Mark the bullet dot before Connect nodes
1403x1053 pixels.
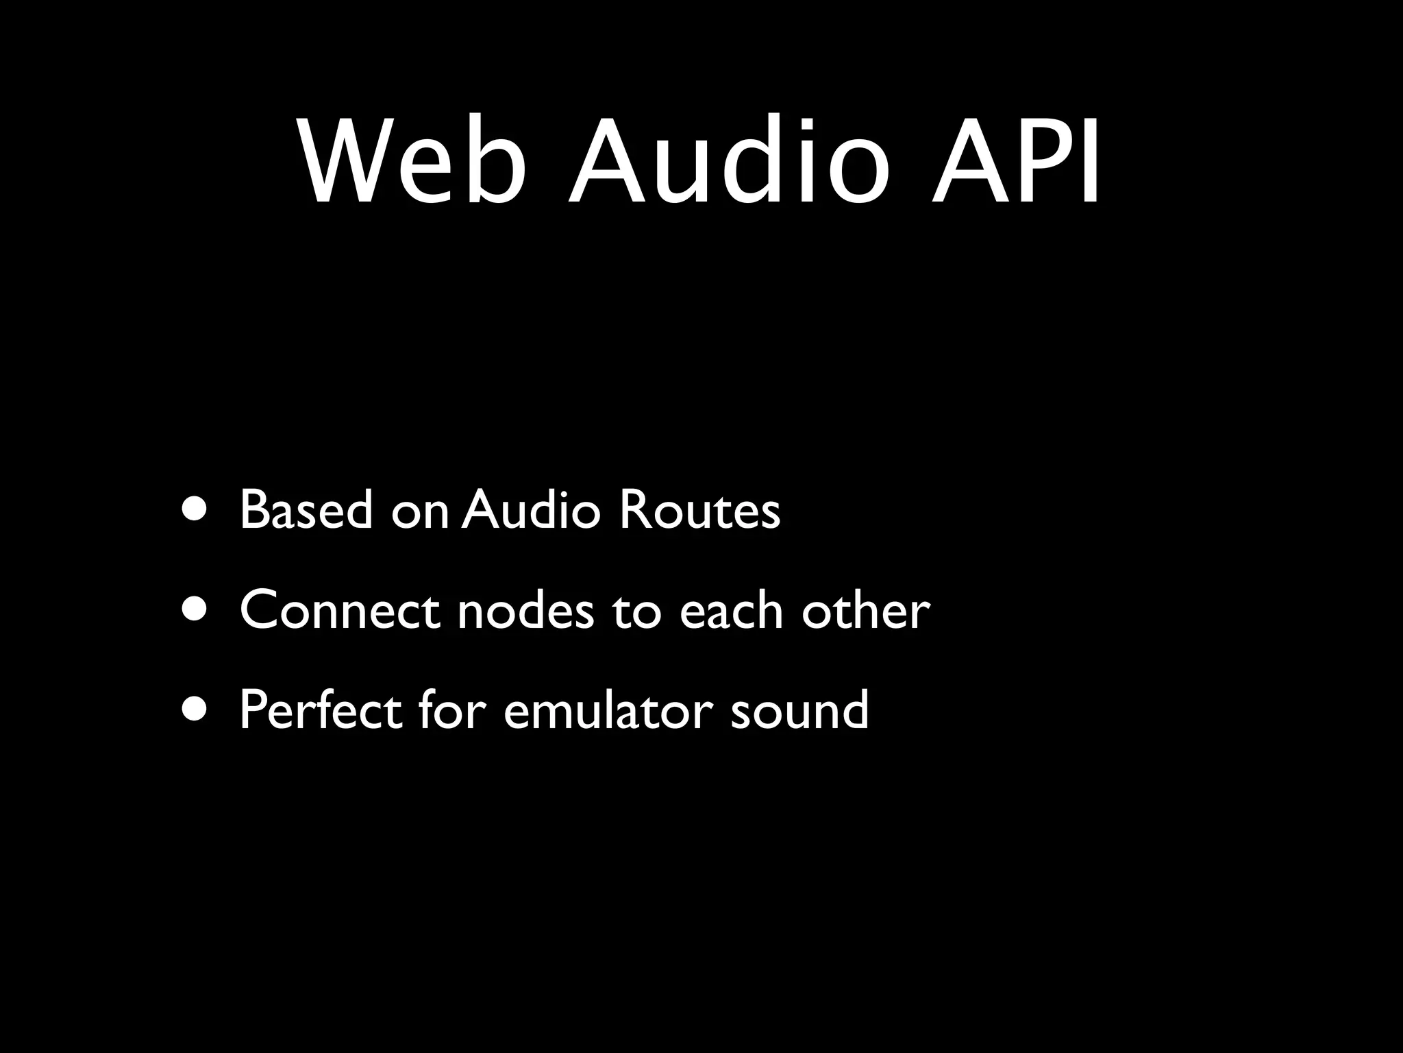point(194,609)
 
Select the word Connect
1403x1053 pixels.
point(340,609)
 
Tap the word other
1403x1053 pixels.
point(866,609)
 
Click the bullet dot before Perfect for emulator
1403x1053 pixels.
point(194,710)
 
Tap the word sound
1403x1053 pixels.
point(799,710)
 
